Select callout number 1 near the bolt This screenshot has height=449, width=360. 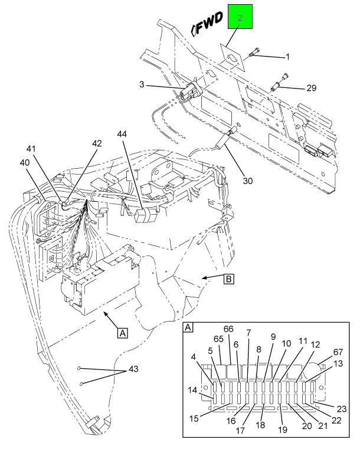coord(287,57)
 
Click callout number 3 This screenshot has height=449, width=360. coord(142,85)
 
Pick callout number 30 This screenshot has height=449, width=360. coord(248,181)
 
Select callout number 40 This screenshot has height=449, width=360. coord(25,162)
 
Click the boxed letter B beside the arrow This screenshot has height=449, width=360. coord(227,279)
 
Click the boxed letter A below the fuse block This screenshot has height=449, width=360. coord(122,333)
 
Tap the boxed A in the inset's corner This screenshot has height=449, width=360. coord(188,327)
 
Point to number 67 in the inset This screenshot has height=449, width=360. coord(338,352)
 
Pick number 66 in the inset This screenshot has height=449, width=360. coord(229,328)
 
